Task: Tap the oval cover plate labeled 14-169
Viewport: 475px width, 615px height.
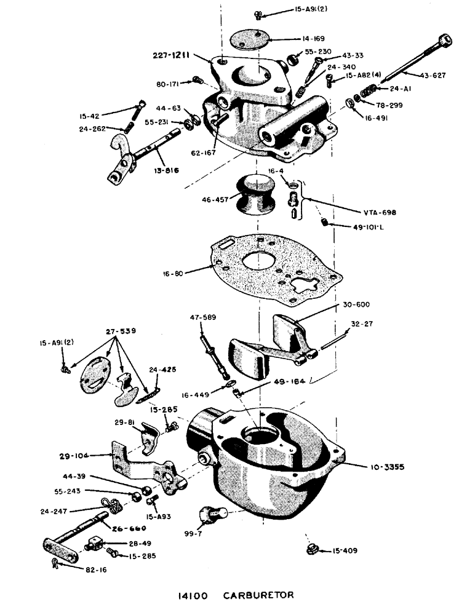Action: coord(251,38)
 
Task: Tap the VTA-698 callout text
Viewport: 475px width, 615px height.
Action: coord(380,212)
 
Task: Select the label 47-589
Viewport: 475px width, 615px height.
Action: coord(202,317)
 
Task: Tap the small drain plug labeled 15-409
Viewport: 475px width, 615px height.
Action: coord(311,549)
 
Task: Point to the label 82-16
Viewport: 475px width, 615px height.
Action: coord(95,570)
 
